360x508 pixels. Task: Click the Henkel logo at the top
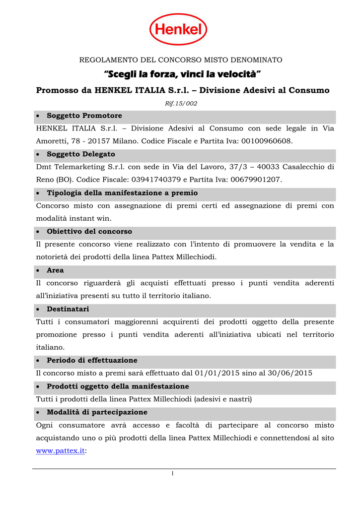pos(178,29)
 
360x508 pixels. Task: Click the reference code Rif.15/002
pos(181,103)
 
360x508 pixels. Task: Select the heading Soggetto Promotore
pos(84,116)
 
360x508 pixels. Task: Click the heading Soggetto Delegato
pos(80,154)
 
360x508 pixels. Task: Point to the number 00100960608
pos(267,141)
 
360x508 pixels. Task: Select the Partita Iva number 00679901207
pos(253,180)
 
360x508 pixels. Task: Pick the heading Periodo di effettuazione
pos(92,360)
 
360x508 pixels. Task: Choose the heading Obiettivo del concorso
pos(89,231)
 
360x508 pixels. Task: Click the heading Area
pos(55,270)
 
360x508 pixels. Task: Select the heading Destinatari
pos(68,309)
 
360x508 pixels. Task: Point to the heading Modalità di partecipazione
pos(97,412)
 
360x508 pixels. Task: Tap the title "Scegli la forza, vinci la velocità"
pos(182,74)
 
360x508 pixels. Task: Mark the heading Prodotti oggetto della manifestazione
pos(118,386)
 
